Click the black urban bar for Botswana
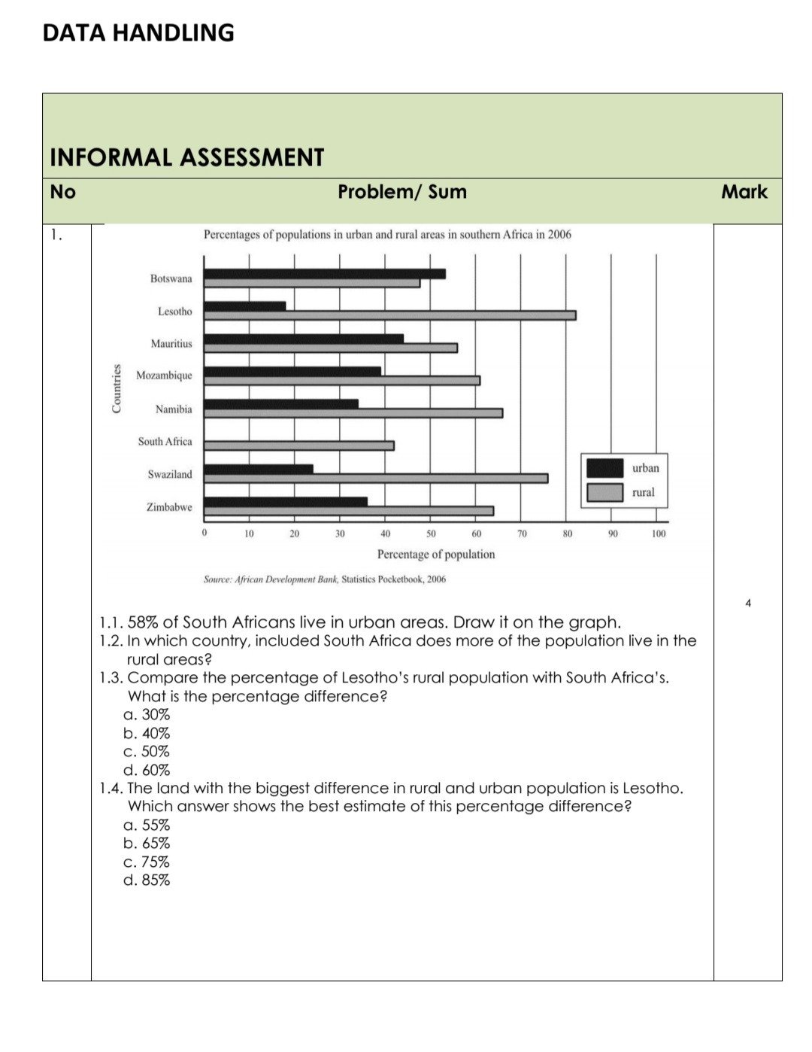tap(324, 274)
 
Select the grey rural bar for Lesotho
tap(389, 315)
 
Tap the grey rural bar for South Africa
tap(298, 445)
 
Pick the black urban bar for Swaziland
tap(259, 469)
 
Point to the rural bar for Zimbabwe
tap(349, 511)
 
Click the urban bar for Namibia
tap(281, 404)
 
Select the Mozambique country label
tap(164, 375)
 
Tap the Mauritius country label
tap(171, 344)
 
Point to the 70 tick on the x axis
tap(522, 534)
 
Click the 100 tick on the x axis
tap(659, 534)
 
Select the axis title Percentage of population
tap(436, 555)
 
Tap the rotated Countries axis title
tap(117, 388)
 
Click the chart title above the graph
tap(387, 235)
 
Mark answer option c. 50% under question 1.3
tap(147, 752)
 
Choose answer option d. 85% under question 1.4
tap(147, 880)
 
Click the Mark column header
tap(744, 192)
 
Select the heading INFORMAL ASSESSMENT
tap(186, 157)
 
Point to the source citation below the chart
tap(325, 579)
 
